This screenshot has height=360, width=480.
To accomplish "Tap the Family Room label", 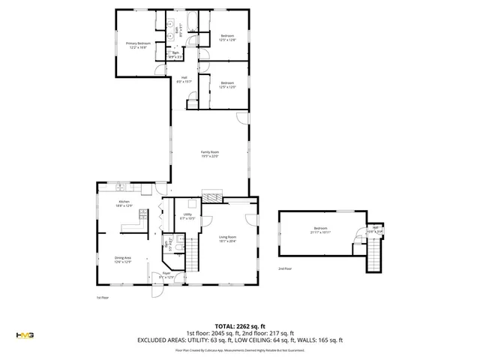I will [209, 154].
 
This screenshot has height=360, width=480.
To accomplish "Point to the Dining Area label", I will [122, 260].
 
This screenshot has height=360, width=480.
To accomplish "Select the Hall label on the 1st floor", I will [184, 79].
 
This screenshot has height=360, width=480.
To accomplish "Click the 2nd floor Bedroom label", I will [320, 230].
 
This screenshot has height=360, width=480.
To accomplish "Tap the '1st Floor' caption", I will [103, 297].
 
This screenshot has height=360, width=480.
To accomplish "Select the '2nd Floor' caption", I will [285, 268].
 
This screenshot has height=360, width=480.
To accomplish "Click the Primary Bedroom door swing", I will [158, 70].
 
